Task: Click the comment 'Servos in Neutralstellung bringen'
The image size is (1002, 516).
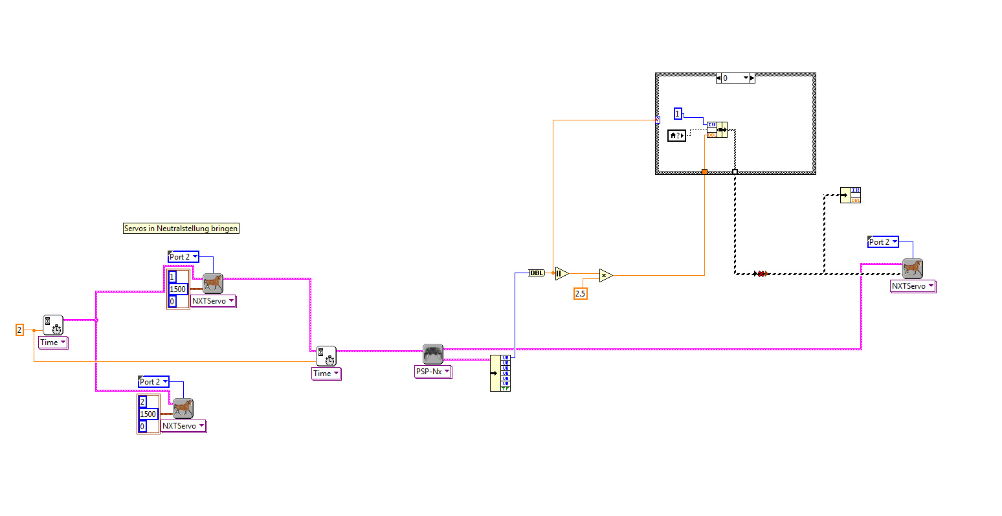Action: [x=181, y=229]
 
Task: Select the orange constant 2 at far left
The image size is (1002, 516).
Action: [x=19, y=330]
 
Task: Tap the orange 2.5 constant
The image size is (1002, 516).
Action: [x=580, y=294]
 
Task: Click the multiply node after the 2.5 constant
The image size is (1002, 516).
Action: [x=605, y=276]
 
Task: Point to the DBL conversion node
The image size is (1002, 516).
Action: [x=537, y=273]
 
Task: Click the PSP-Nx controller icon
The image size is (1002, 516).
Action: [x=433, y=354]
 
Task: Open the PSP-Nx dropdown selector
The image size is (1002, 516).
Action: [x=433, y=372]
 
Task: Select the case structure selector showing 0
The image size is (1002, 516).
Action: [x=735, y=78]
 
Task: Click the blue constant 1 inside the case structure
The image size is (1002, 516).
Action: [x=678, y=114]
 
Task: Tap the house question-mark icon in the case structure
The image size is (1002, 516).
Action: [x=676, y=135]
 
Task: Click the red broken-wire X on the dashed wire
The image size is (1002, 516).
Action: [x=763, y=274]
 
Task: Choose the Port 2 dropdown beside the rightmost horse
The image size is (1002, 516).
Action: [x=883, y=242]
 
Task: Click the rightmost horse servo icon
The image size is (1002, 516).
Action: [x=912, y=268]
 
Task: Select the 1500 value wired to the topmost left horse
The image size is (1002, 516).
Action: [x=177, y=289]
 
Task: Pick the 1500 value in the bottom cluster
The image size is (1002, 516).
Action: [x=148, y=414]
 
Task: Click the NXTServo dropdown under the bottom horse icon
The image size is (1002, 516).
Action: [x=183, y=426]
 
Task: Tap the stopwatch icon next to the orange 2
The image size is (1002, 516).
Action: [x=53, y=325]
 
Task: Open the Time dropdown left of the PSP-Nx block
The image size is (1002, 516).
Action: [x=326, y=374]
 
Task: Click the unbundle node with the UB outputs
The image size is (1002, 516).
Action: [x=500, y=373]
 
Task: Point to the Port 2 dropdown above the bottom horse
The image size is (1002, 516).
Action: [x=153, y=382]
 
